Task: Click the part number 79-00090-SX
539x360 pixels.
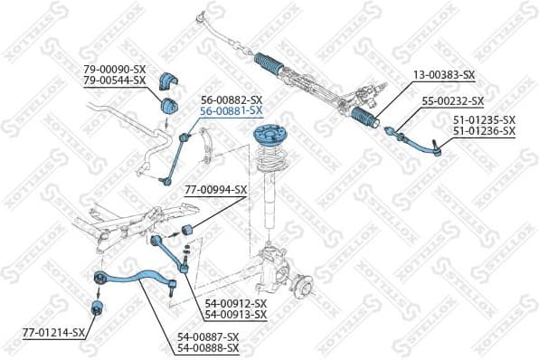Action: [115, 69]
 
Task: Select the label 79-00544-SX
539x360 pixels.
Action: [115, 80]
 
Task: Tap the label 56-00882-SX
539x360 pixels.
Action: [232, 99]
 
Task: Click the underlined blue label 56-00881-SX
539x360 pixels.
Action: [232, 110]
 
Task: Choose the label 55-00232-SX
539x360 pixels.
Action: [453, 101]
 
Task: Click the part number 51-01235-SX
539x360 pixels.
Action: [484, 120]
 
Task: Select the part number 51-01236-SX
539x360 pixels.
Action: [484, 131]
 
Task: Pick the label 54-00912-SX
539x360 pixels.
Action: [235, 303]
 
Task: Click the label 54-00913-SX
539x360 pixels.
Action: [235, 314]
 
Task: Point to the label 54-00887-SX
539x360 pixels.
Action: [208, 336]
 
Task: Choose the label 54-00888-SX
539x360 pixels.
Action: [208, 347]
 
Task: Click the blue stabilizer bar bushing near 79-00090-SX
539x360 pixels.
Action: [167, 81]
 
